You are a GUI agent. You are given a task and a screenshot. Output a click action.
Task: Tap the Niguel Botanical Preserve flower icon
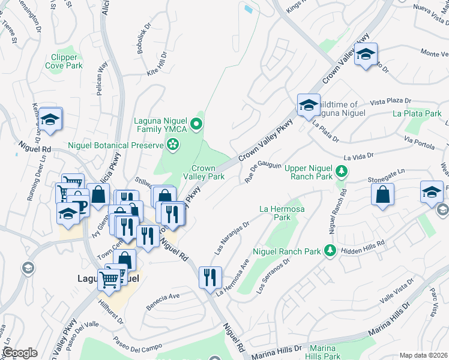pos(173,144)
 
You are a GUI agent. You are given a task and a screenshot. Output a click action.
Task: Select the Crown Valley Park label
pos(208,173)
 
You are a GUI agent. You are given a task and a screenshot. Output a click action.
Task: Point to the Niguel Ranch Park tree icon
pos(329,250)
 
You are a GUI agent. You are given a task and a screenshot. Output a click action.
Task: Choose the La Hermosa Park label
pos(279,213)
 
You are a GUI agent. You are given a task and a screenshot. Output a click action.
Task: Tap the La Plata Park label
pos(417,113)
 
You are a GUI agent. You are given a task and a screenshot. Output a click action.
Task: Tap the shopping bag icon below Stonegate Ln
pos(382,194)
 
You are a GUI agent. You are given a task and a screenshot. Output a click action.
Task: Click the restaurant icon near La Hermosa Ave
pos(209,277)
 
